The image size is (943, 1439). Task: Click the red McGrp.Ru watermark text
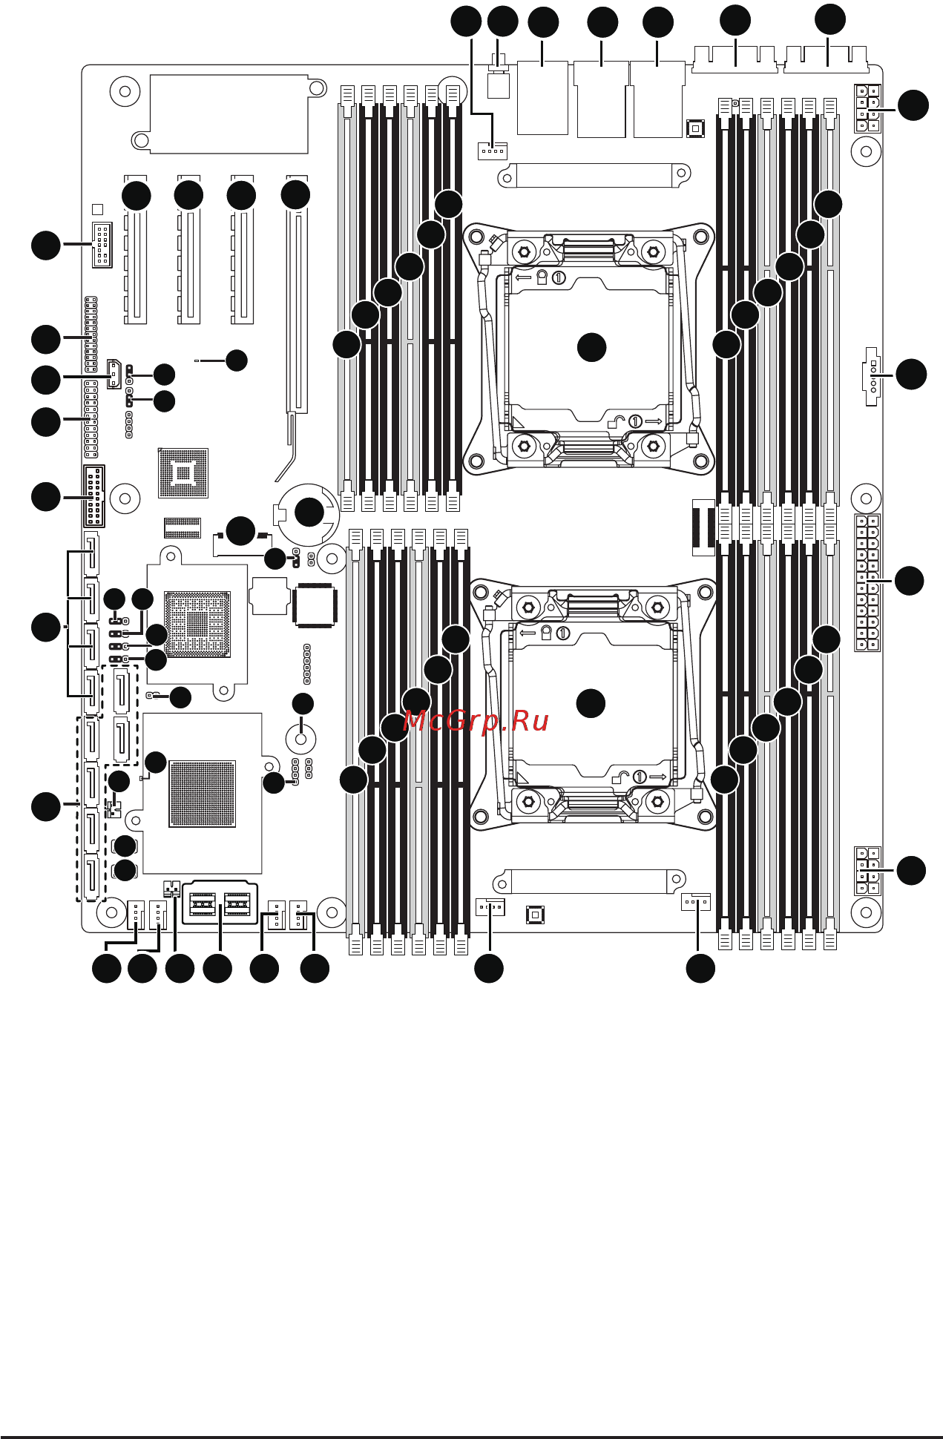[x=476, y=721]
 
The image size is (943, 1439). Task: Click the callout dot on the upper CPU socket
[x=591, y=347]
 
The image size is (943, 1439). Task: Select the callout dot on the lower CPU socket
[x=591, y=703]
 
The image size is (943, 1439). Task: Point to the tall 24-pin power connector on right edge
[x=867, y=583]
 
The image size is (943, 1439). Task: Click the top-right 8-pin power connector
[x=867, y=108]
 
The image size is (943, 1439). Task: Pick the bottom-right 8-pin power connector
[x=867, y=870]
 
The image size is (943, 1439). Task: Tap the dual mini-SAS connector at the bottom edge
[x=220, y=903]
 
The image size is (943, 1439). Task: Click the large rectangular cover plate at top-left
[x=229, y=113]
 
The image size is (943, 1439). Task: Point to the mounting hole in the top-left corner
[x=125, y=92]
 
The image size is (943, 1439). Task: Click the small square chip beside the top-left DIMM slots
[x=694, y=129]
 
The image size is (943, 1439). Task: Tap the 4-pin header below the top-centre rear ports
[x=492, y=151]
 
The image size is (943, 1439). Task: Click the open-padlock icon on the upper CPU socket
[x=617, y=423]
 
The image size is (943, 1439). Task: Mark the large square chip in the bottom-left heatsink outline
[x=202, y=793]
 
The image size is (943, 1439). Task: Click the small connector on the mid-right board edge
[x=871, y=376]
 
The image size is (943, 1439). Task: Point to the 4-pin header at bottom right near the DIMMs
[x=696, y=902]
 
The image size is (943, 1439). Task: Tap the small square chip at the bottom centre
[x=535, y=915]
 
